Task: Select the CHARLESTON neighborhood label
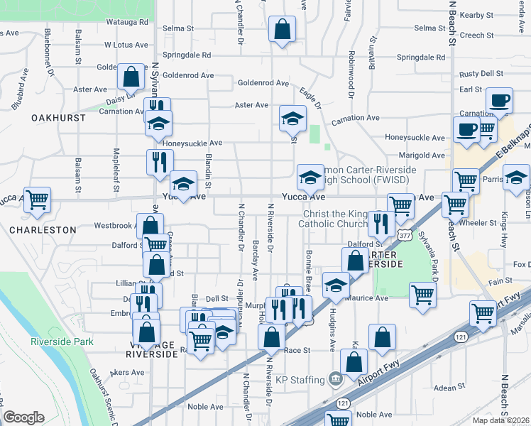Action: point(43,230)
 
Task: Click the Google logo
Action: point(23,417)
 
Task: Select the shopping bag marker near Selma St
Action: point(282,30)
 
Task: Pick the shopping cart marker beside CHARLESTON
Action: point(37,200)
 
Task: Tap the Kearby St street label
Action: point(476,15)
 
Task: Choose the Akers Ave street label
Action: point(107,372)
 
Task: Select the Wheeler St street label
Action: point(478,222)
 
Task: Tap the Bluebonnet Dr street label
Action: point(48,52)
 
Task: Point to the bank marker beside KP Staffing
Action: point(336,378)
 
